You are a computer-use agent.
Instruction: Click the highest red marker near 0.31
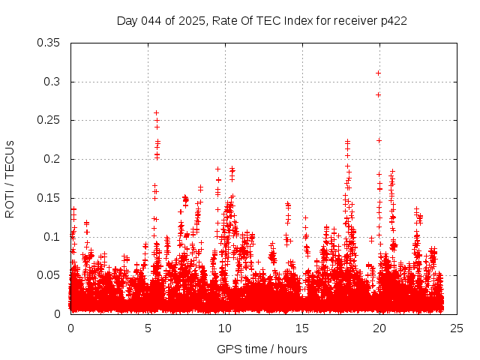pos(379,73)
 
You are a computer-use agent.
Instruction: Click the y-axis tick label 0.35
pos(48,42)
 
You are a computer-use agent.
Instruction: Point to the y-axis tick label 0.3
pos(51,81)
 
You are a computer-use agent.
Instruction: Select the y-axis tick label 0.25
pos(48,120)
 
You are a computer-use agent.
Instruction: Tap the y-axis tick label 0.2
pos(51,159)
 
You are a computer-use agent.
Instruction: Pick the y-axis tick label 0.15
pos(48,198)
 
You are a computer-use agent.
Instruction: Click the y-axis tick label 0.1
pos(51,237)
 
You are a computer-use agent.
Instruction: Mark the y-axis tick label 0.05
pos(48,275)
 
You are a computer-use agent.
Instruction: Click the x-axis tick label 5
pos(148,328)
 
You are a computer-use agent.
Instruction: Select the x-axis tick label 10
pos(225,328)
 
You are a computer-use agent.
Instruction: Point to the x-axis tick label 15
pos(302,328)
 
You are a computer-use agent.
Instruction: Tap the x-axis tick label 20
pos(379,328)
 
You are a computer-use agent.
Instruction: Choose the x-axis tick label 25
pos(457,328)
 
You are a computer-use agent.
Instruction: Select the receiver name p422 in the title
pos(393,20)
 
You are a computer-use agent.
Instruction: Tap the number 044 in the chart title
pos(151,20)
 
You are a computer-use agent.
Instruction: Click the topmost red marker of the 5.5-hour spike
pos(156,112)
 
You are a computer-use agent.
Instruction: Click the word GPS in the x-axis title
pos(228,349)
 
